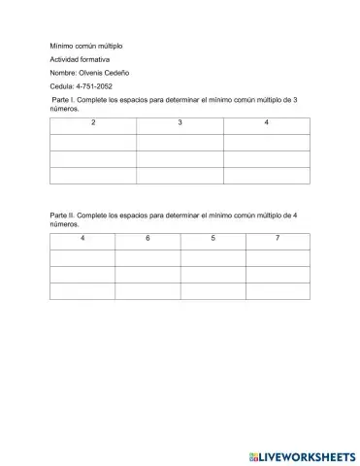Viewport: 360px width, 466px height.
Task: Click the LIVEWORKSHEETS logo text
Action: (308, 454)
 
